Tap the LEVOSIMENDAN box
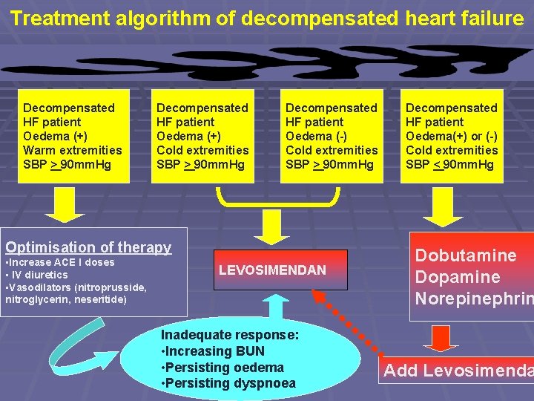272,270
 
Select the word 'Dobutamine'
465,255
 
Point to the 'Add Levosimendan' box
457,371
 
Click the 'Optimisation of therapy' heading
88,247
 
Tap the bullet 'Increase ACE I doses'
60,262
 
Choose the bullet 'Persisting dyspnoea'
228,383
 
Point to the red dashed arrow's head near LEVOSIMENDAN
317,294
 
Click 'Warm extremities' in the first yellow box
73,150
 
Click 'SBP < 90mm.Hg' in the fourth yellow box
450,164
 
